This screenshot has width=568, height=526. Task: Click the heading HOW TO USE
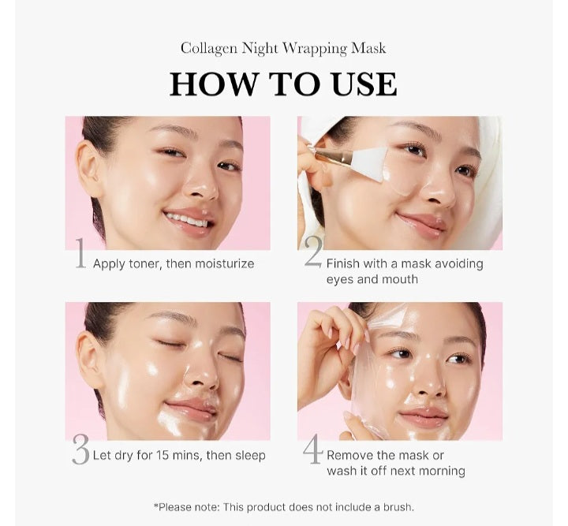click(283, 84)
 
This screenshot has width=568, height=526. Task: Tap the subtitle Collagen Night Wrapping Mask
click(283, 48)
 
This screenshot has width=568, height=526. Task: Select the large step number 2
click(313, 254)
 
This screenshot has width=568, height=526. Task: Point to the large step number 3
click(80, 449)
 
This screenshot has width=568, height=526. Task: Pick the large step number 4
click(313, 449)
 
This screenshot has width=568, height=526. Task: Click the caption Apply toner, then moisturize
click(174, 263)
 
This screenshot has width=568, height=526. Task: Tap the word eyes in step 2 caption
click(341, 279)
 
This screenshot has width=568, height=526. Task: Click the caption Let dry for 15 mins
click(179, 455)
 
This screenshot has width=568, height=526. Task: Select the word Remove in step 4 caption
click(351, 455)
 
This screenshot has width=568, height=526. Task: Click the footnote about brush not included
click(283, 507)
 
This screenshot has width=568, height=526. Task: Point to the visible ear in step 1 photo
click(89, 169)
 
